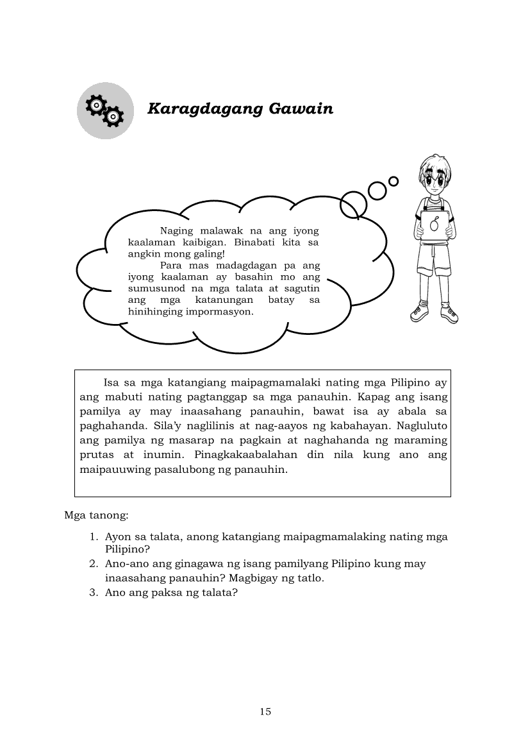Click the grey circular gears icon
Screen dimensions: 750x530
tap(105, 111)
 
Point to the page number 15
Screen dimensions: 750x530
tap(265, 712)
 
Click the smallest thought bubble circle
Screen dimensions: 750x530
tap(393, 181)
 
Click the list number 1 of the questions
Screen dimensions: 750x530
tap(93, 536)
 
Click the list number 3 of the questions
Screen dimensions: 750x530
tap(93, 593)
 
